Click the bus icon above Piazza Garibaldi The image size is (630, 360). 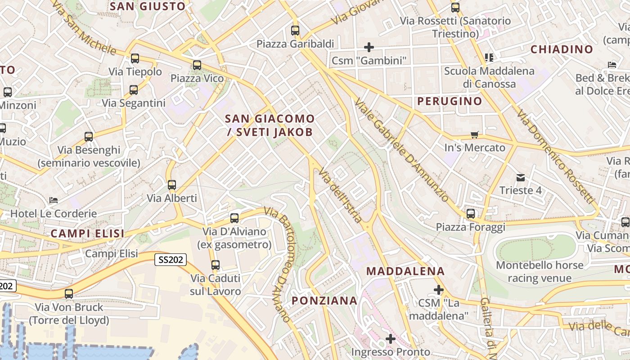295,31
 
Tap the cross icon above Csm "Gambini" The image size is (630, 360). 369,47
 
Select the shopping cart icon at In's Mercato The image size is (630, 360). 474,135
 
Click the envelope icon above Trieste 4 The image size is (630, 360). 521,177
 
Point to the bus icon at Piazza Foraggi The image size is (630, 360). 471,213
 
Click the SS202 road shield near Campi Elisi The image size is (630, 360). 171,260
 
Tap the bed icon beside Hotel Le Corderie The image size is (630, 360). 54,200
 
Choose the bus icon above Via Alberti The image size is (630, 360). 171,184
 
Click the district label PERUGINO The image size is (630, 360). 450,101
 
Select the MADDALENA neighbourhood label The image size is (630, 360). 405,271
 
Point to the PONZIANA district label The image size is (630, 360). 324,301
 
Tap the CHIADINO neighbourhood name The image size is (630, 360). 562,49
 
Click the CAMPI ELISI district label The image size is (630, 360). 87,234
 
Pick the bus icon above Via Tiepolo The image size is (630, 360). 135,58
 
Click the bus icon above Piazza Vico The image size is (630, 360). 197,65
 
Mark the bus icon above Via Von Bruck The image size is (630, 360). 69,294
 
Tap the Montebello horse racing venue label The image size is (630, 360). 540,271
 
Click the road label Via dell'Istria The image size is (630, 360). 340,195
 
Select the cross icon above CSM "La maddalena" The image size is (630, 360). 439,290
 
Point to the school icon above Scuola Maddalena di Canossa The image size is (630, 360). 489,57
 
